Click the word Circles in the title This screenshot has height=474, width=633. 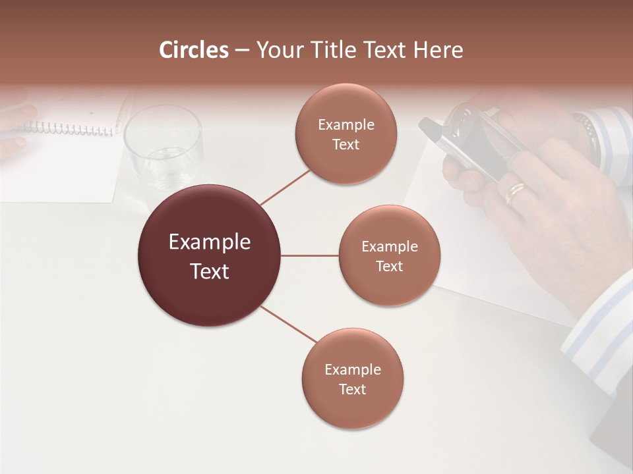(x=193, y=50)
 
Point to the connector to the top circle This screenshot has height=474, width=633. (x=285, y=186)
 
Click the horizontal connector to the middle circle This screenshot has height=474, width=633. (x=310, y=255)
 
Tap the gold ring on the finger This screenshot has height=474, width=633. (x=515, y=192)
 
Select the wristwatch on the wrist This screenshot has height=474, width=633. (x=585, y=128)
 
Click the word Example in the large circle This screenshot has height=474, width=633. (x=210, y=242)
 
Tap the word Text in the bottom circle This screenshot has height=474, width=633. (x=352, y=389)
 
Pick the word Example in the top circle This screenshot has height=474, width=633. (x=346, y=125)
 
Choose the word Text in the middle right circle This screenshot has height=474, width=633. (x=389, y=266)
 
